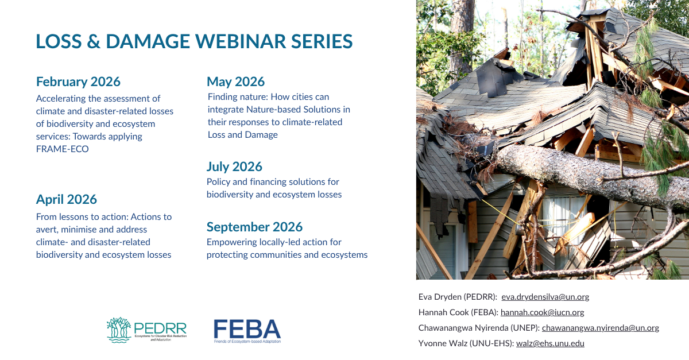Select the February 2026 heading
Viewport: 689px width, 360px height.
78,82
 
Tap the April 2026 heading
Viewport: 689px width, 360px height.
67,200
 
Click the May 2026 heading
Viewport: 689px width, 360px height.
235,82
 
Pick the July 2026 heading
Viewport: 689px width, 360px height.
234,167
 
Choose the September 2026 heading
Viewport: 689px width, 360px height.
255,227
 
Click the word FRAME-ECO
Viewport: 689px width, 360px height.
63,149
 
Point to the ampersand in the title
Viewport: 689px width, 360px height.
94,41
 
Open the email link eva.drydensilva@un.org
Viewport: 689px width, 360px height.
545,297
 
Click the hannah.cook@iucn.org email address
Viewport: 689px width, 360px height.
542,312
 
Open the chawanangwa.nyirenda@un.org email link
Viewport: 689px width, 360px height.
601,328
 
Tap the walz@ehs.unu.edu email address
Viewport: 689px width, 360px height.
550,343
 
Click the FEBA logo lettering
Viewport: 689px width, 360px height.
247,329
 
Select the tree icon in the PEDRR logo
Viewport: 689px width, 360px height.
119,330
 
